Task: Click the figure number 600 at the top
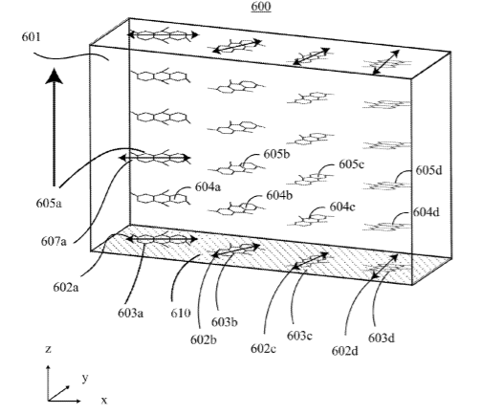click(261, 7)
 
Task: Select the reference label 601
click(32, 37)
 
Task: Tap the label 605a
click(49, 203)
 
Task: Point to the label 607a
click(54, 241)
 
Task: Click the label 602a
click(66, 288)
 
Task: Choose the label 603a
click(131, 313)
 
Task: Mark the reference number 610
click(181, 313)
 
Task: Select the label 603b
click(225, 322)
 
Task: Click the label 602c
click(263, 349)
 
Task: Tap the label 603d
click(382, 338)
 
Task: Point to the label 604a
click(208, 186)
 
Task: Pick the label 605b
click(277, 154)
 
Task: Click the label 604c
click(342, 207)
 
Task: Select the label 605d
click(429, 170)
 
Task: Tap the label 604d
click(426, 212)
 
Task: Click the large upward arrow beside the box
click(54, 127)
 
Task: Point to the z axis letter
click(49, 349)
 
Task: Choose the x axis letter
click(104, 401)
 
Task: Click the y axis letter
click(85, 379)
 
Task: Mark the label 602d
click(345, 352)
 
